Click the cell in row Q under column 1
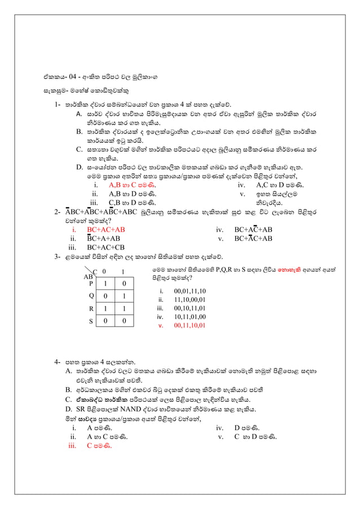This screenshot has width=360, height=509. click(x=124, y=295)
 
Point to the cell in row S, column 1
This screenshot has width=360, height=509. click(x=124, y=321)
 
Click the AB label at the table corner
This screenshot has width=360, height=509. click(x=88, y=277)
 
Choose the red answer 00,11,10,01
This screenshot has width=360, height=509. click(x=190, y=326)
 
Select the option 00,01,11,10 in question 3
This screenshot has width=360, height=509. click(x=190, y=291)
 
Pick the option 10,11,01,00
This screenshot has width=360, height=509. click(x=190, y=317)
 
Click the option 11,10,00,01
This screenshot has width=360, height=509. click(x=190, y=300)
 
